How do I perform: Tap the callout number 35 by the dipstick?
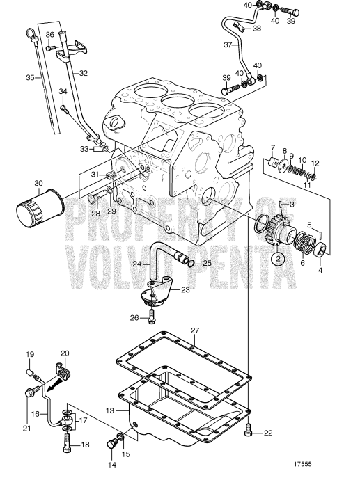30,77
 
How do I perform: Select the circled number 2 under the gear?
278,258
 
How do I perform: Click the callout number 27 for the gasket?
195,330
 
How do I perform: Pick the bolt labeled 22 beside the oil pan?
249,433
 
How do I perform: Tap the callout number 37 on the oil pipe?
226,46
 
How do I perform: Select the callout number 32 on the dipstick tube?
83,72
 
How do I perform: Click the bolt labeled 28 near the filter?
92,199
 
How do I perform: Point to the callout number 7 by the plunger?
274,147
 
